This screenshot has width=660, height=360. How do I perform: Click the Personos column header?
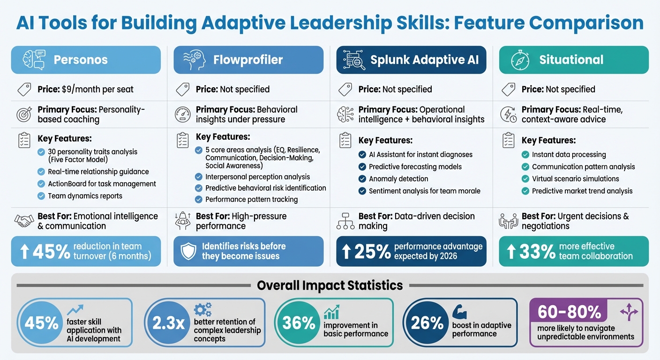86,60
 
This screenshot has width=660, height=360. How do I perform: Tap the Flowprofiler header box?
248,60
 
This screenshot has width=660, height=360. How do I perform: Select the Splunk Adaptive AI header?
411,60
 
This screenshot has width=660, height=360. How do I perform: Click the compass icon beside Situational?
519,60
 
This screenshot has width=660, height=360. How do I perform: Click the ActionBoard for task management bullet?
102,184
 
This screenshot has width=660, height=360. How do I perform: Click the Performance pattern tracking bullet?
251,199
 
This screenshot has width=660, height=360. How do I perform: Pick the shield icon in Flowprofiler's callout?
187,251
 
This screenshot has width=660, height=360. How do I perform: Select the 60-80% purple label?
569,312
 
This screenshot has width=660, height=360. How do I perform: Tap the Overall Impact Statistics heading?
330,285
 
